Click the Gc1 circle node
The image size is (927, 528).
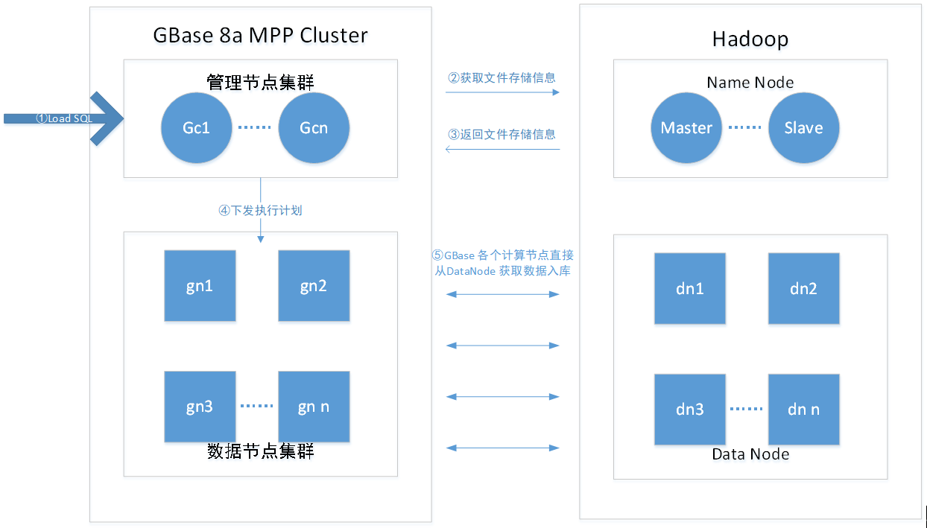(197, 127)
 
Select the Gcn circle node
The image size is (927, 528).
(314, 127)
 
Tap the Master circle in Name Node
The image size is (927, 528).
(686, 127)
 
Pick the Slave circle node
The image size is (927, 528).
(803, 127)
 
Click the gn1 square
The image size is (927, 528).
(200, 286)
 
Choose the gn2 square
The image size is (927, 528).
(314, 286)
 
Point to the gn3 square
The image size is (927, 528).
(200, 407)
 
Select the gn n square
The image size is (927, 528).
(314, 407)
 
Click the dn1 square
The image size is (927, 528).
(690, 289)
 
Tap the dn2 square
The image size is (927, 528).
(803, 289)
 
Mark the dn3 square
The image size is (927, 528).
(690, 410)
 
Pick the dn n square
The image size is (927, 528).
(803, 410)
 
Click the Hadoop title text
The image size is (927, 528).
(750, 39)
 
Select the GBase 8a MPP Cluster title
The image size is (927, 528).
(260, 35)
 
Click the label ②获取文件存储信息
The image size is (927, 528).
(502, 77)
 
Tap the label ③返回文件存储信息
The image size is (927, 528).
(502, 135)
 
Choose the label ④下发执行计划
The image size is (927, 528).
(260, 211)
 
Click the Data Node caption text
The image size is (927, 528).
(750, 454)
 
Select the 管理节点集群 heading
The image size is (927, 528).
(260, 81)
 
